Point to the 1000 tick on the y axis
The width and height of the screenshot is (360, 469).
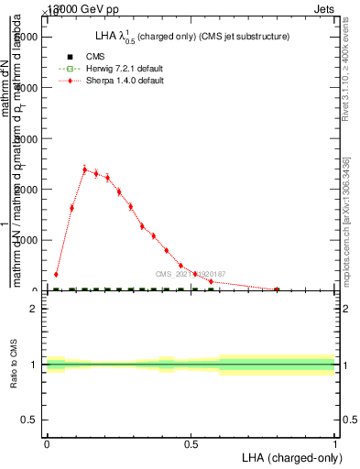click(29, 240)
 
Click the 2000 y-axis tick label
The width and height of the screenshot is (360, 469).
click(29, 189)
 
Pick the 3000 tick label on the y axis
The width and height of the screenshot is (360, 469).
click(29, 138)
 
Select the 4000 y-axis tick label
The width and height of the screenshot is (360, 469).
click(29, 87)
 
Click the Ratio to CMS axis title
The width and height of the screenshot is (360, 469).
click(14, 364)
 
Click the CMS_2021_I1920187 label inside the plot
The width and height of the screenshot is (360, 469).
click(190, 274)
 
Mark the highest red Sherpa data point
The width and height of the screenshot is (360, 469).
click(84, 169)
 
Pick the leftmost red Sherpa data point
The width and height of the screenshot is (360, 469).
click(56, 274)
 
